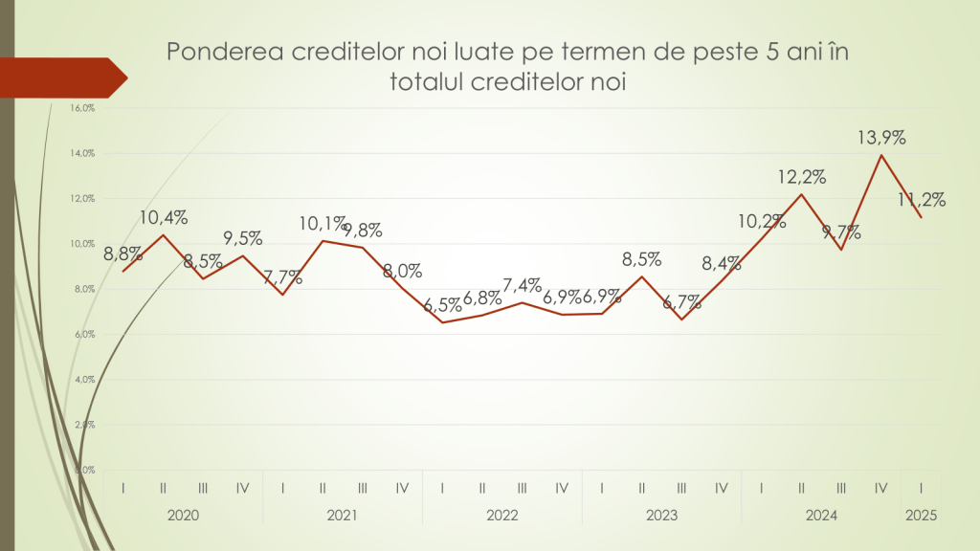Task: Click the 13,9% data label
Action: pyautogui.click(x=880, y=139)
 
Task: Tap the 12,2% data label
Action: pyautogui.click(x=801, y=177)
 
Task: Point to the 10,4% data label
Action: pyautogui.click(x=163, y=217)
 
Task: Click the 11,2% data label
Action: pyautogui.click(x=923, y=200)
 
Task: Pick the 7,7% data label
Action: pyautogui.click(x=282, y=277)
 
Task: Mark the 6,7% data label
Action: pyautogui.click(x=681, y=302)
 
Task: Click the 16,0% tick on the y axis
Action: pyautogui.click(x=82, y=108)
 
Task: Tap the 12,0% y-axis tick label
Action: pyautogui.click(x=82, y=199)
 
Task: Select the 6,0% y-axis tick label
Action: pyautogui.click(x=82, y=335)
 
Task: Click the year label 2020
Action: pyautogui.click(x=183, y=516)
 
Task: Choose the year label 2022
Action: pyautogui.click(x=501, y=516)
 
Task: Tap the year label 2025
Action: pyautogui.click(x=921, y=516)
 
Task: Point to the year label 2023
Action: pyautogui.click(x=661, y=516)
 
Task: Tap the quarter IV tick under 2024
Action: pyautogui.click(x=880, y=488)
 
